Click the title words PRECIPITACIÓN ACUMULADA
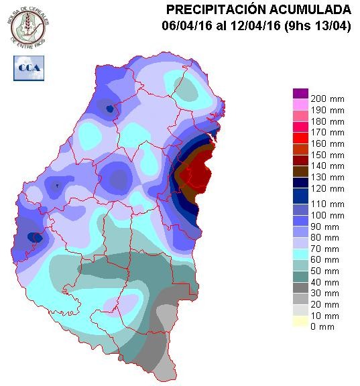[x=258, y=9]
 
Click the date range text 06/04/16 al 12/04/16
[x=218, y=26]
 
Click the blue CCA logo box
[x=27, y=68]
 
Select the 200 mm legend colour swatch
[x=300, y=94]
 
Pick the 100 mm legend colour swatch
[x=300, y=215]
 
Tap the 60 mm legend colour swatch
[x=300, y=259]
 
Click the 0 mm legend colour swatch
[x=300, y=326]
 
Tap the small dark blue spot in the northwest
[x=109, y=108]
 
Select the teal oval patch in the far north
[x=186, y=87]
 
